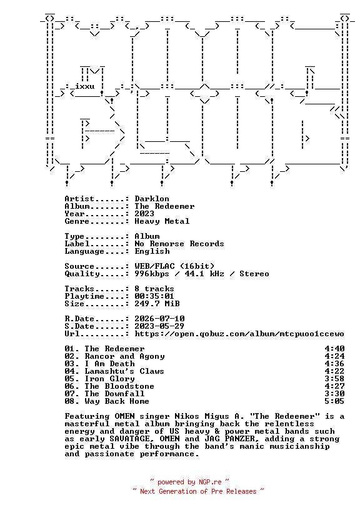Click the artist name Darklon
point(152,199)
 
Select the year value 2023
point(144,214)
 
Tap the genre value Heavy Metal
point(162,221)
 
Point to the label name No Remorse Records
point(179,244)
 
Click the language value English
point(152,252)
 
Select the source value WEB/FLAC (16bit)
point(174,266)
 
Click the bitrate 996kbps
point(152,274)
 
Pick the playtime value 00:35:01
point(154,296)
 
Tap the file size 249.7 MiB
point(157,304)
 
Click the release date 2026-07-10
point(159,319)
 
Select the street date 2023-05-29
point(159,326)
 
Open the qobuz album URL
point(239,334)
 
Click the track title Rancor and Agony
point(124,356)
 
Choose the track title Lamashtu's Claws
point(124,371)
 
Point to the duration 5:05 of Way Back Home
point(334,401)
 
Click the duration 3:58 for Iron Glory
point(334,379)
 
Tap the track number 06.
point(70,386)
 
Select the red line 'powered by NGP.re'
point(189,482)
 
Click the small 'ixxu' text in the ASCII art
point(85,86)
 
